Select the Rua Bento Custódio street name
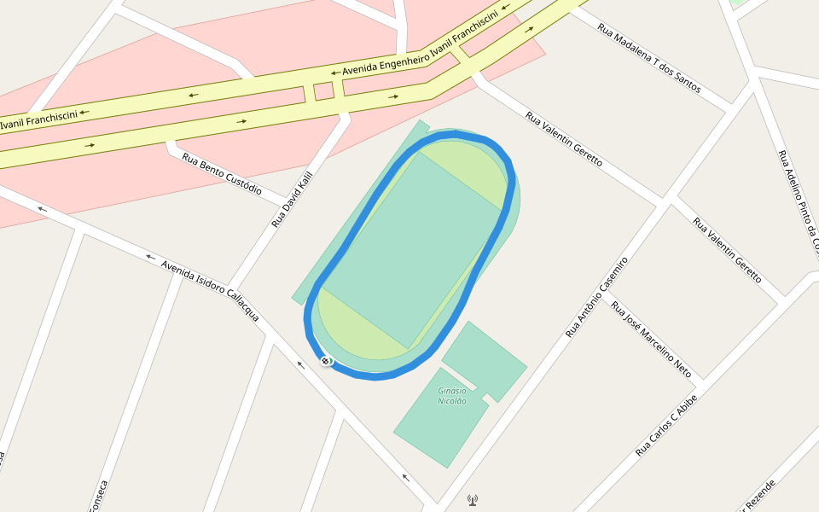pos(222,173)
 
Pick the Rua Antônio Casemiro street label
pos(596,296)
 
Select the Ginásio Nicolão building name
pos(452,396)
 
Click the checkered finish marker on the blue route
pos(326,362)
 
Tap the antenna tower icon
pos(473,500)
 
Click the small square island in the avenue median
pos(323,90)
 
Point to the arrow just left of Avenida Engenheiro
pos(335,73)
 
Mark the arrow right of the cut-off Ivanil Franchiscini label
pos(85,111)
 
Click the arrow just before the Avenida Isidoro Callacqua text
pos(150,256)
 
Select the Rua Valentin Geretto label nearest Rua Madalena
pos(563,139)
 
